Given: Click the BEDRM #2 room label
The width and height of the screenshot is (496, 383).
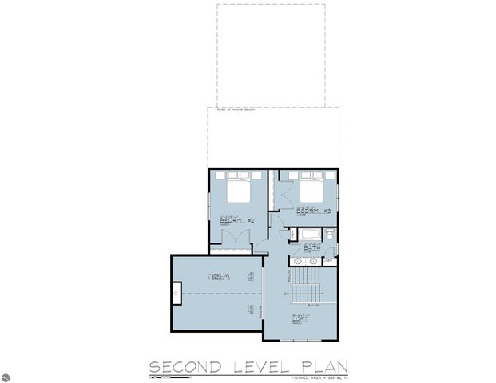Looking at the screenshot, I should pos(236,220).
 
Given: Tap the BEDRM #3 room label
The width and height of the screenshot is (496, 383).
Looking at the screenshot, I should pos(313,211).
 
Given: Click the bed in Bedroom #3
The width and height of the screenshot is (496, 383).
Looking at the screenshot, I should pos(311,188).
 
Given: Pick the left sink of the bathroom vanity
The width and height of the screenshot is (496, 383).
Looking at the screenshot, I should pos(298,261).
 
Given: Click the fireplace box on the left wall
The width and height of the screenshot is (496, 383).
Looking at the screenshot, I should pos(176,294).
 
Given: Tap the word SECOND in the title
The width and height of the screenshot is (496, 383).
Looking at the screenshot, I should pos(185,366).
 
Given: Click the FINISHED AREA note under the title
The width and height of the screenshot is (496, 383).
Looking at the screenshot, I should pos(320,377).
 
